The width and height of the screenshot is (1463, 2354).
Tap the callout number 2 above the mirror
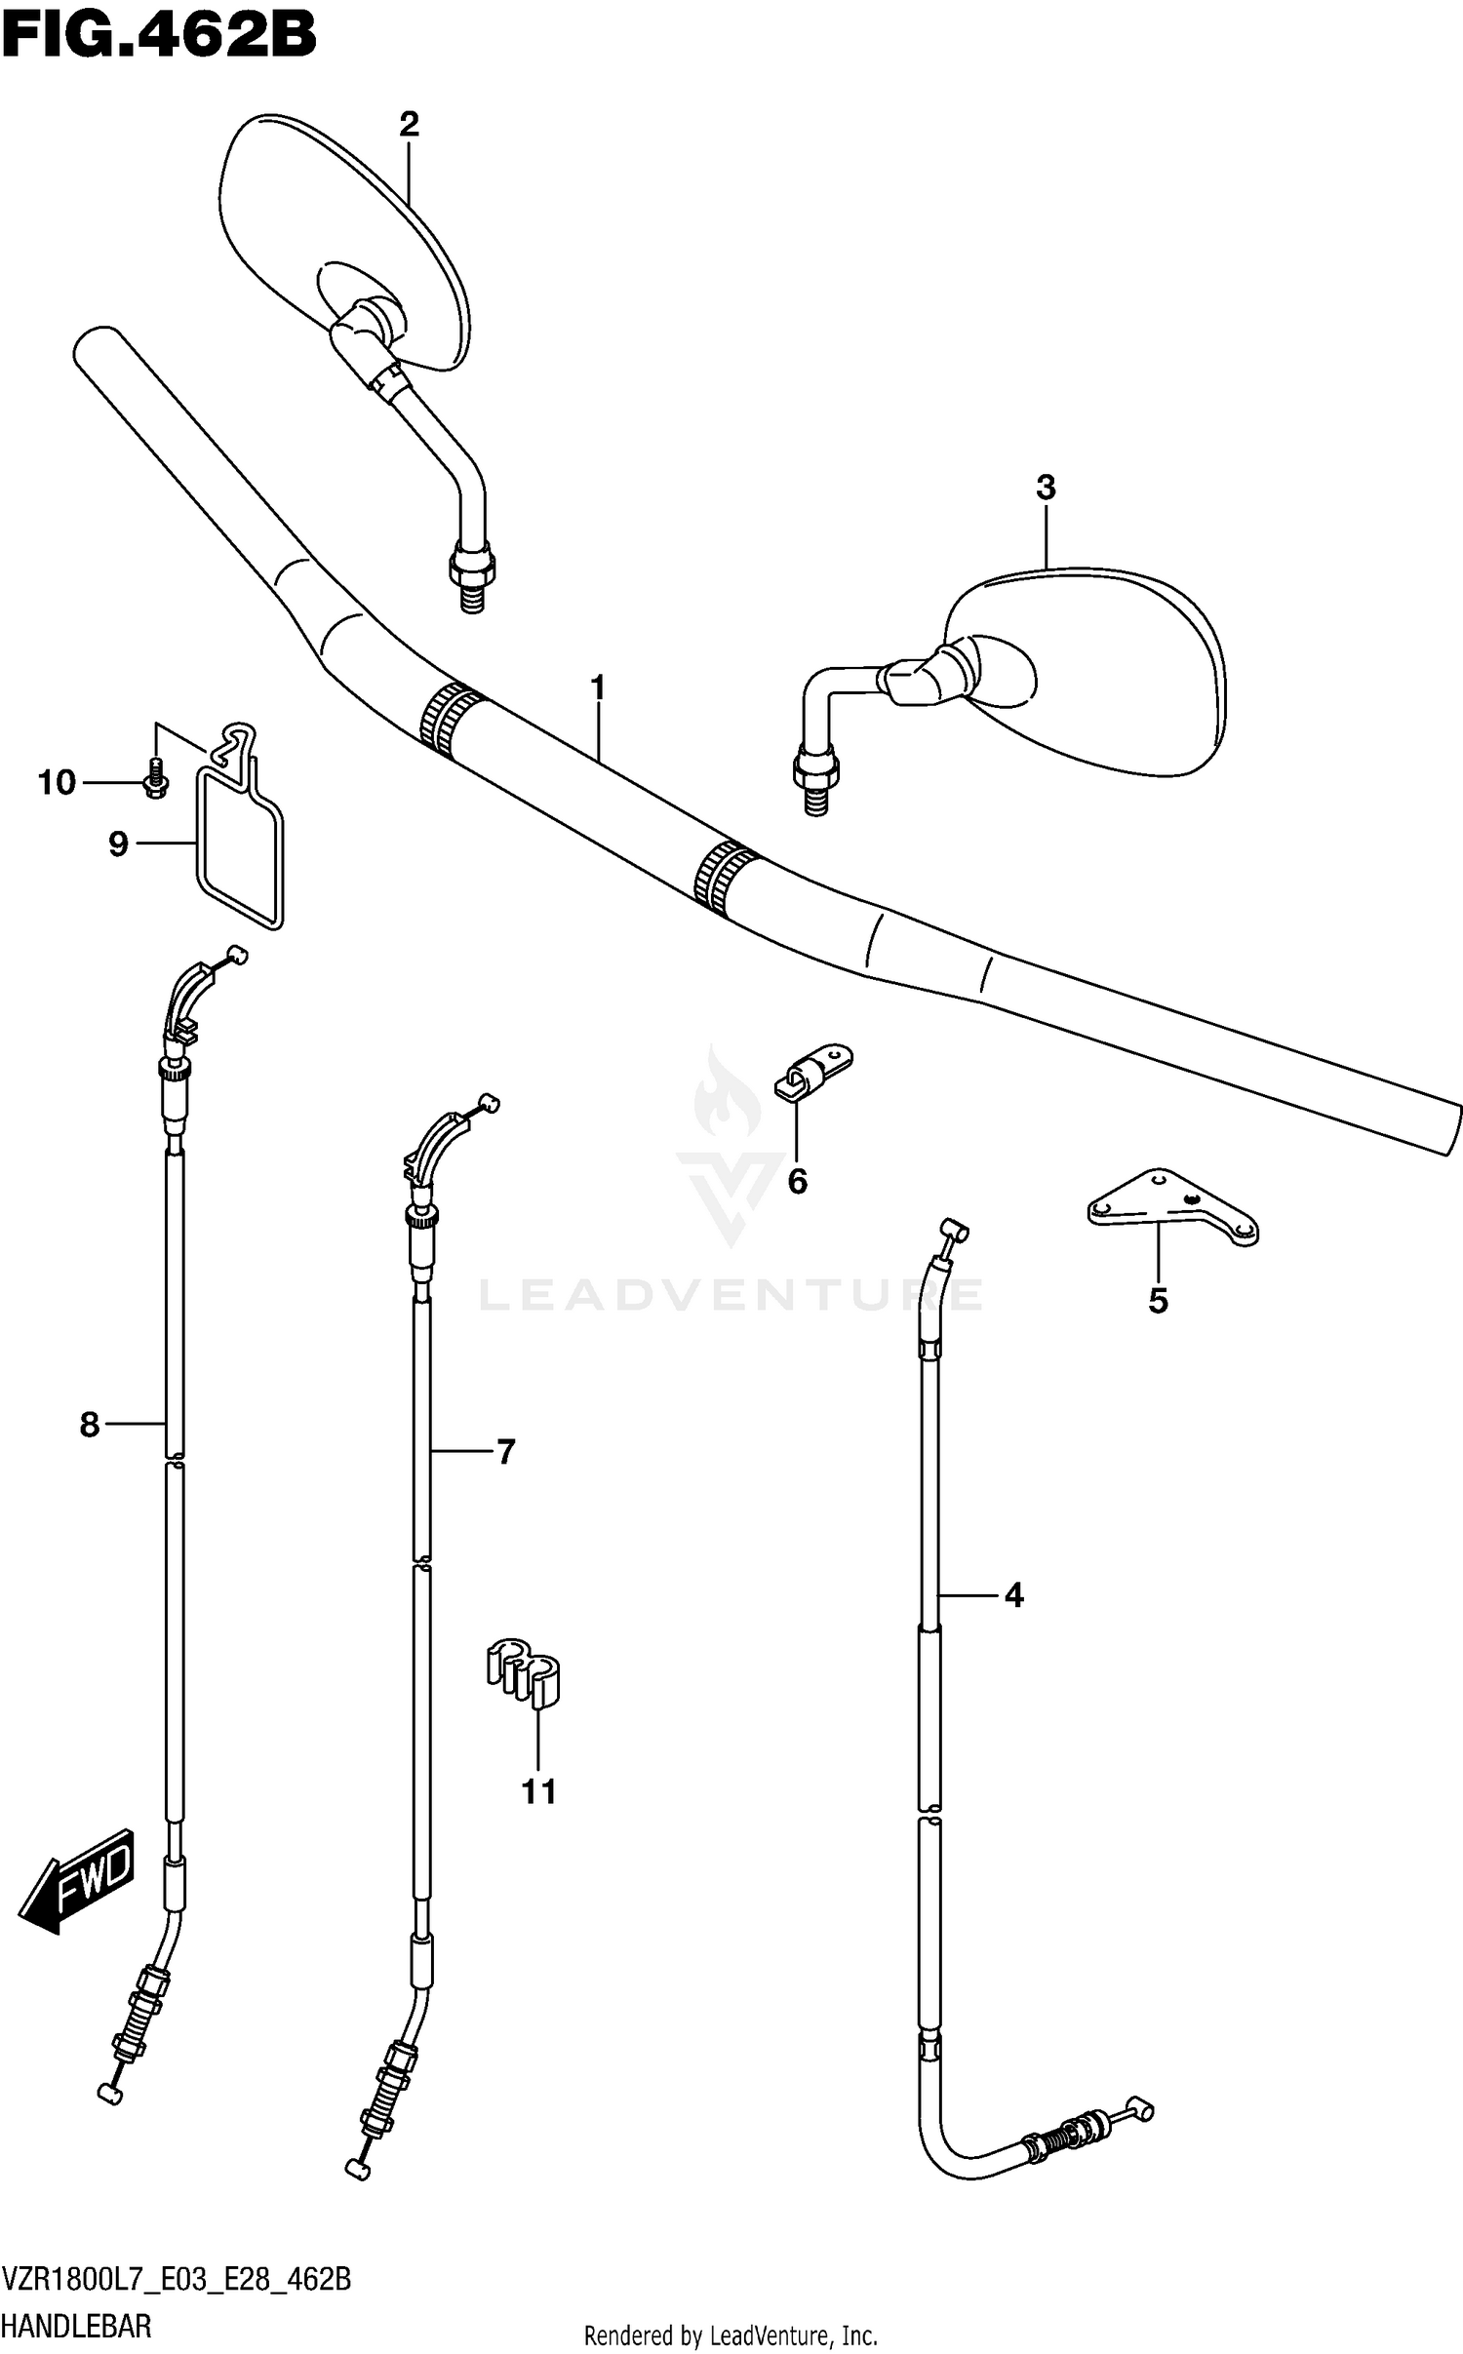(409, 124)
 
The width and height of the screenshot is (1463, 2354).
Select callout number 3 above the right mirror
(1046, 488)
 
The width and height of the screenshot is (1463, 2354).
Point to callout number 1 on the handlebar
(598, 688)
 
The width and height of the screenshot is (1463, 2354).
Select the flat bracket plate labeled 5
(1171, 1207)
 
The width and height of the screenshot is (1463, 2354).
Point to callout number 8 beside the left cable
(90, 1426)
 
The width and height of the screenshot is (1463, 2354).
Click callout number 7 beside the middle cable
(504, 1452)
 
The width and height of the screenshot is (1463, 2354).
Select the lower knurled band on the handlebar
(724, 876)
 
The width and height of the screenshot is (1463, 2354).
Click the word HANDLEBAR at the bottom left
(77, 2327)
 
